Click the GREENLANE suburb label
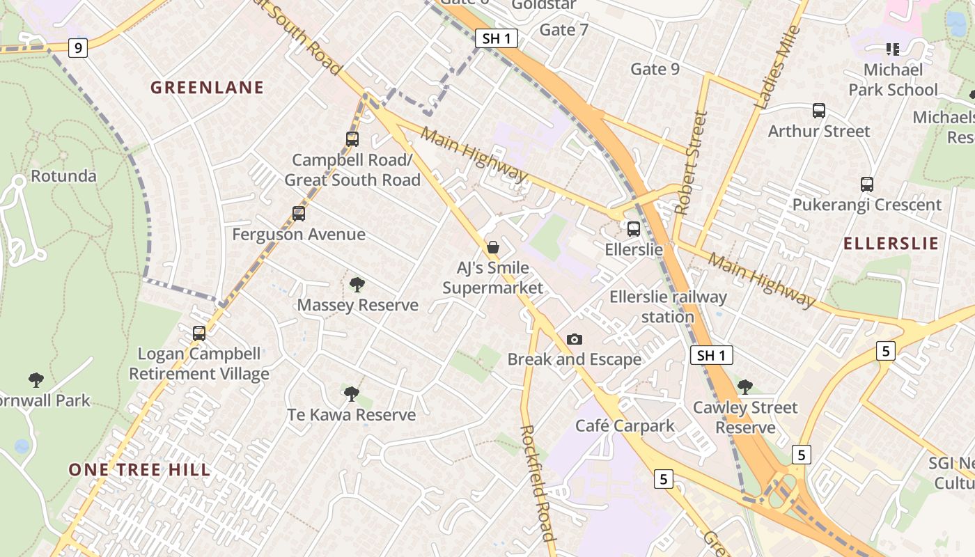tap(208, 88)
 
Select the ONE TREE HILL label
tap(139, 470)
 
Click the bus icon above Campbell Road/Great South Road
tap(352, 139)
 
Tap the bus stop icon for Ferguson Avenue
tap(299, 214)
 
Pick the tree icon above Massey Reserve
tap(357, 284)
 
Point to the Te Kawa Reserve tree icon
tap(352, 394)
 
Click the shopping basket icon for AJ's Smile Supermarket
tap(493, 247)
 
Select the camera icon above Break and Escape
tap(575, 339)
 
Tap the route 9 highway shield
tap(78, 48)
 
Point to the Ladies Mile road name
tap(778, 68)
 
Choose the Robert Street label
tap(691, 163)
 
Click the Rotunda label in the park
tap(64, 175)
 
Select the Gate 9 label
tap(655, 69)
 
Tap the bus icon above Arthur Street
tap(819, 111)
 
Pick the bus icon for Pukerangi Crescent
tap(867, 185)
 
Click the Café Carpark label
tap(625, 425)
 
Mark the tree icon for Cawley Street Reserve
tap(745, 386)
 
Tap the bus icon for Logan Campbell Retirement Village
tap(199, 334)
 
